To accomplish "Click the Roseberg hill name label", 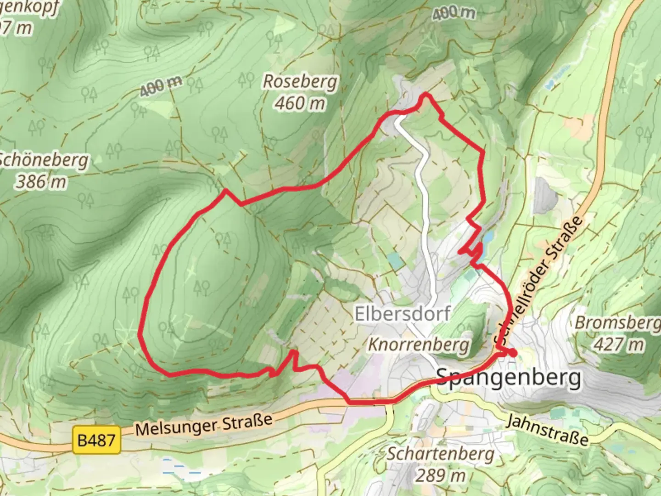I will (x=300, y=82).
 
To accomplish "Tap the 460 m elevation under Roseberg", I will (x=300, y=103).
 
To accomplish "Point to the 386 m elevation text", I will (x=41, y=182).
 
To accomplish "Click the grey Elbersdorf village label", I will (x=402, y=314).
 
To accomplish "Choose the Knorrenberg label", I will (x=419, y=344).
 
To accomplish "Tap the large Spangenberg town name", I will (x=508, y=378).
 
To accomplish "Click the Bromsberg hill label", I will (x=617, y=323).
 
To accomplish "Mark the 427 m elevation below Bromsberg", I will (x=619, y=344).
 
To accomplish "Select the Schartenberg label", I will (x=440, y=454).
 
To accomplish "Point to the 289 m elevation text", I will (x=440, y=475).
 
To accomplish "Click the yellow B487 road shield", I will (x=96, y=440).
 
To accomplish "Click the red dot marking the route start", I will (x=512, y=353).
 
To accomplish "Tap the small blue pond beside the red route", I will (x=488, y=237).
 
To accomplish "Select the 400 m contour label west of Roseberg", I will (x=161, y=86).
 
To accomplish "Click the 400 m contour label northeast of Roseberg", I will (x=453, y=14).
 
